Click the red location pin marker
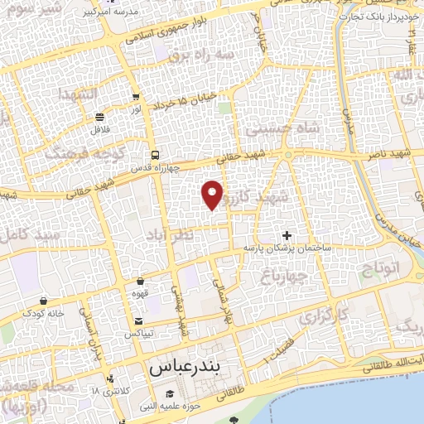pyautogui.click(x=213, y=194)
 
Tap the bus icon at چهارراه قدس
pyautogui.click(x=155, y=156)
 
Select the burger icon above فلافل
pyautogui.click(x=100, y=117)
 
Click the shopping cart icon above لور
pyautogui.click(x=136, y=97)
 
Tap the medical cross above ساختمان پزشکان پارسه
pyautogui.click(x=287, y=235)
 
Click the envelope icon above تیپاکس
pyautogui.click(x=137, y=321)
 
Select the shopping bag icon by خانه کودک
pyautogui.click(x=44, y=301)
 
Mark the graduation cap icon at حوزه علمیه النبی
pyautogui.click(x=171, y=393)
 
